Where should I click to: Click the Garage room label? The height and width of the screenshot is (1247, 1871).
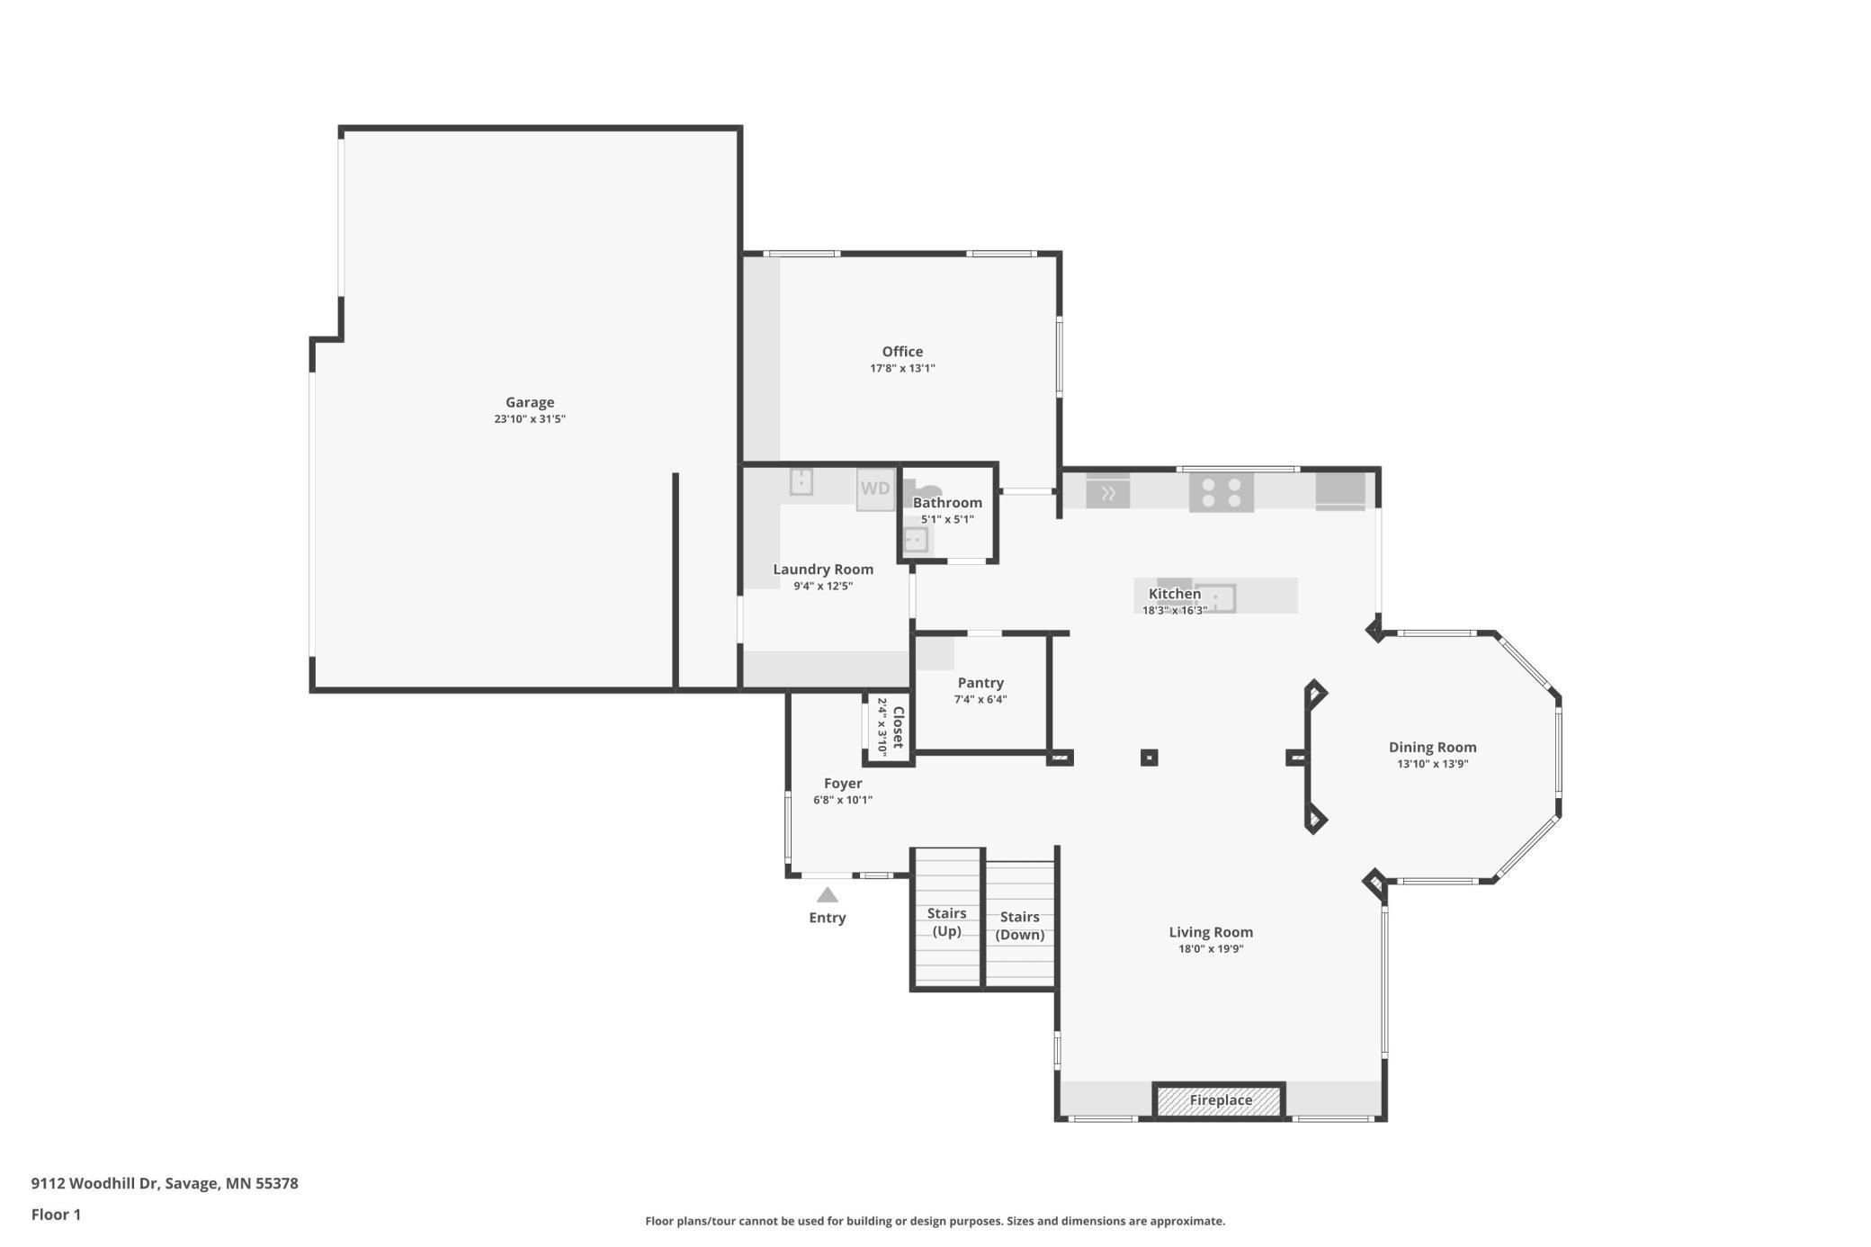(x=529, y=402)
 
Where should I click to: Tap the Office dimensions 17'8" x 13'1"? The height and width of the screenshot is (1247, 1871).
(x=902, y=368)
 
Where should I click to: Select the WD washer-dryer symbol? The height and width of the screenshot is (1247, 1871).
(x=875, y=489)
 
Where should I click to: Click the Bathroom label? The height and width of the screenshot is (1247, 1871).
(x=947, y=502)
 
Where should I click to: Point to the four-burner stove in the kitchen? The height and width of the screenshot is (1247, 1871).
(x=1221, y=492)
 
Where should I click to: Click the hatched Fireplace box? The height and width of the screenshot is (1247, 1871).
(x=1220, y=1100)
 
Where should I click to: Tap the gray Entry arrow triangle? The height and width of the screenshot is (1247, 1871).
(x=827, y=895)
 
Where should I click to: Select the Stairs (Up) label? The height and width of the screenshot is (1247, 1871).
(x=946, y=922)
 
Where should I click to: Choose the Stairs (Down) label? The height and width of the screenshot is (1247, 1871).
(x=1019, y=926)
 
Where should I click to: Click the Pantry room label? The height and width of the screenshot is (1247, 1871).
(x=980, y=683)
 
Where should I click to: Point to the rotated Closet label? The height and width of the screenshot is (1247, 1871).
(x=897, y=727)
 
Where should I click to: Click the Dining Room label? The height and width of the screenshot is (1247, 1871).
(x=1432, y=747)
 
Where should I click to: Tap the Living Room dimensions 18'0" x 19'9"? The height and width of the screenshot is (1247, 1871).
(x=1211, y=948)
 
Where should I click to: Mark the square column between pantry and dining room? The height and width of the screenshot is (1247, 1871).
(x=1149, y=758)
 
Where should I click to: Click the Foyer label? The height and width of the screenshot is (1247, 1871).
(x=843, y=783)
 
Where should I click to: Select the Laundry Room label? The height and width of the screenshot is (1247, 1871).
(x=823, y=569)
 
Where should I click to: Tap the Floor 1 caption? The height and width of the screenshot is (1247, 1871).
(x=56, y=1215)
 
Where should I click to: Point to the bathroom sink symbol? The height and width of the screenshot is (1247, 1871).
(x=915, y=540)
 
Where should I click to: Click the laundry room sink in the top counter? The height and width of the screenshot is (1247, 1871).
(x=801, y=482)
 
